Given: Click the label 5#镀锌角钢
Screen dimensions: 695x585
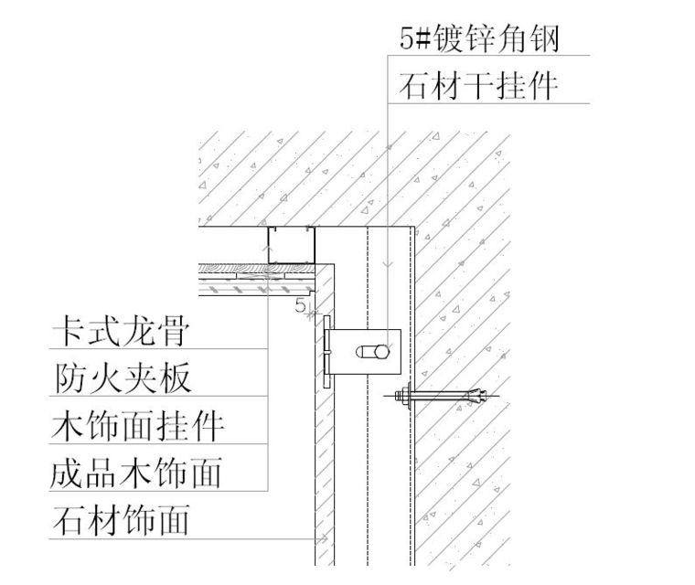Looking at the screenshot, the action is click(479, 38).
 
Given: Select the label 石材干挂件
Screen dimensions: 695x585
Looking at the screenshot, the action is click(478, 86).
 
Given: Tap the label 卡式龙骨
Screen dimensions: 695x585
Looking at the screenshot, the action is click(122, 331).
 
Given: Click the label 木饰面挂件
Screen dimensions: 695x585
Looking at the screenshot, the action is click(137, 426).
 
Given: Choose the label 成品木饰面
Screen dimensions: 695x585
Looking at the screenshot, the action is click(136, 473).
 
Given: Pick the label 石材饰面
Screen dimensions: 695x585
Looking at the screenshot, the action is click(122, 521).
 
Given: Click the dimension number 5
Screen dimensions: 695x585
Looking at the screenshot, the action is click(301, 305).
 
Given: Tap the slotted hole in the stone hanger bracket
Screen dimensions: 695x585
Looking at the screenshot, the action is click(373, 352).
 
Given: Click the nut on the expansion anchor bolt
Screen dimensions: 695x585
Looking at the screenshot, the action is click(403, 395).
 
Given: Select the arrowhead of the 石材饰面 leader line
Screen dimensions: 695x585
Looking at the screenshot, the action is click(323, 538).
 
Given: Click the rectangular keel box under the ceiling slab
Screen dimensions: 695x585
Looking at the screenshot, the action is click(291, 245).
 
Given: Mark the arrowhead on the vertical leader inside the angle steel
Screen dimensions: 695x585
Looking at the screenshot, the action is click(388, 264).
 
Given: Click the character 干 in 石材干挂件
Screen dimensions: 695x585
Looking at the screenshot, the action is click(478, 86).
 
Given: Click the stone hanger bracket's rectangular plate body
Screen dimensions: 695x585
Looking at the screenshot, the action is click(364, 352).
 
